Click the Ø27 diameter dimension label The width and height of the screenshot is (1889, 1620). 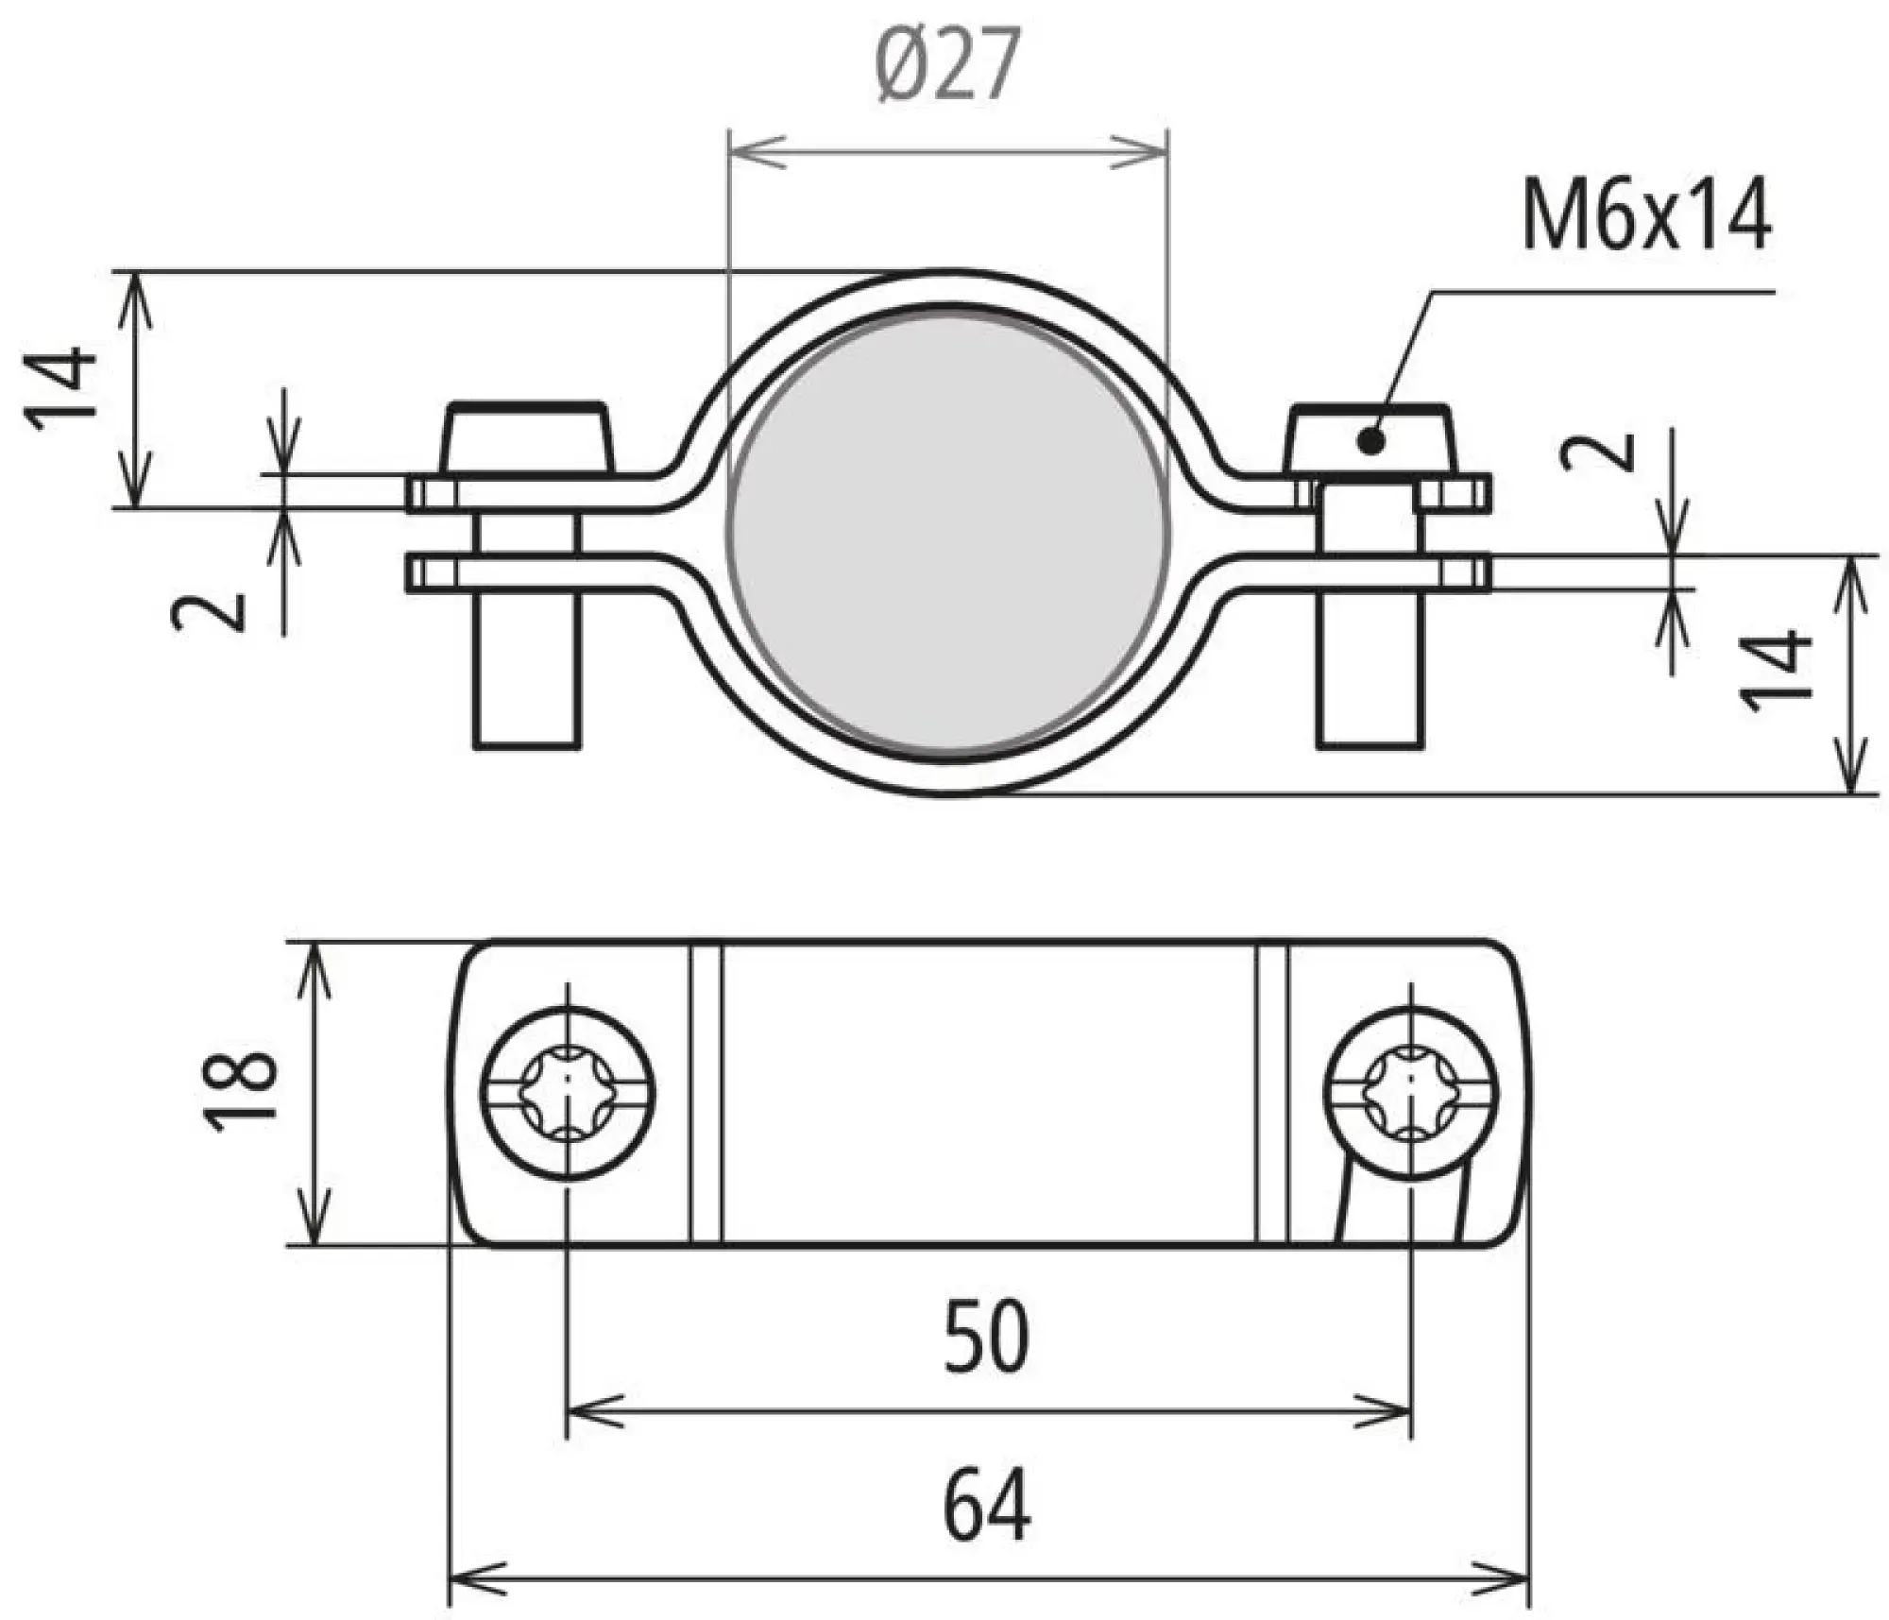pos(947,66)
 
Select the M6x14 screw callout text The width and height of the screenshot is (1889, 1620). pos(1646,217)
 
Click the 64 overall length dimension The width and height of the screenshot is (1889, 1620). pos(987,1503)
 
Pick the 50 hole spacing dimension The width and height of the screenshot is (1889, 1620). pos(986,1336)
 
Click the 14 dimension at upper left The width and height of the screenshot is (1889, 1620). pos(62,390)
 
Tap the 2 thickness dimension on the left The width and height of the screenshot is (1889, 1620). pos(209,612)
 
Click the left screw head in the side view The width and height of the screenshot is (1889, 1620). pos(527,440)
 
